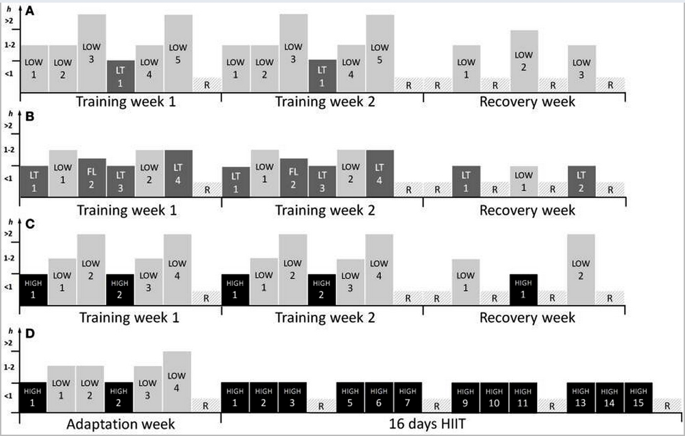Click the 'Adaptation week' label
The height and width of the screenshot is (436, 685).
[x=120, y=424]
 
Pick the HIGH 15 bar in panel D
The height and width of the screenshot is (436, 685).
[x=638, y=397]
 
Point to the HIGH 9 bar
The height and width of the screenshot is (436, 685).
[x=466, y=397]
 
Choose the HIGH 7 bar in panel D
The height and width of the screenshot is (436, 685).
[x=408, y=397]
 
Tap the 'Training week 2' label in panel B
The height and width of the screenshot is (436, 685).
[x=321, y=209]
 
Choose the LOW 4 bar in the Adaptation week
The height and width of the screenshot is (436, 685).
[x=177, y=381]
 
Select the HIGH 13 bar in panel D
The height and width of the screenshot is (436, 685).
[x=581, y=397]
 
